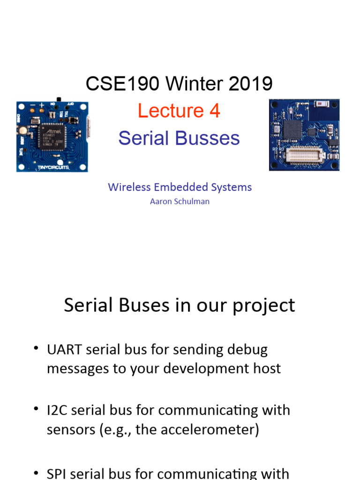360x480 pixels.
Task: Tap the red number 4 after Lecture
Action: (215, 111)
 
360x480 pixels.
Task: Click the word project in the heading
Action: (265, 305)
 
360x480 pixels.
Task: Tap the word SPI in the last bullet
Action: (56, 473)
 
